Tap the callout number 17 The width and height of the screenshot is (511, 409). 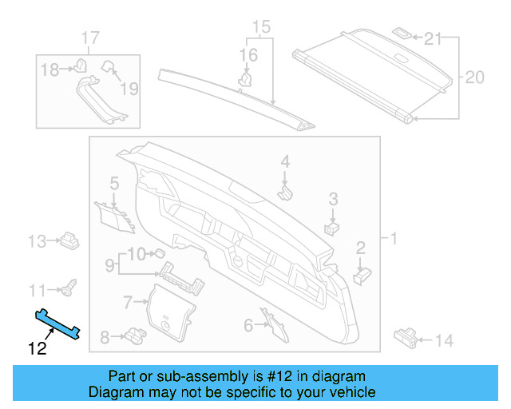click(90, 38)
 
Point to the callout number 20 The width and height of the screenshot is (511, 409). click(474, 77)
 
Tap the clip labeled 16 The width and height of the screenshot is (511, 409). click(248, 78)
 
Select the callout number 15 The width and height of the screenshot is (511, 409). click(257, 30)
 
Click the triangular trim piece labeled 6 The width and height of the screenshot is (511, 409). click(269, 320)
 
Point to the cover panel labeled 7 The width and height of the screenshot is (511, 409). click(169, 308)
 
